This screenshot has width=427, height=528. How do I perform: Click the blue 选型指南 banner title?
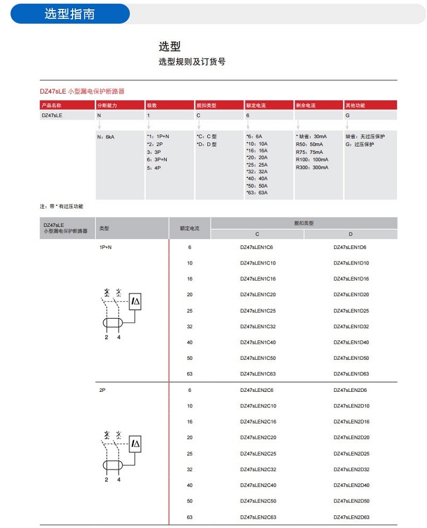pyautogui.click(x=70, y=14)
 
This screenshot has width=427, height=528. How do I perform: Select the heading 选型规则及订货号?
pyautogui.click(x=192, y=62)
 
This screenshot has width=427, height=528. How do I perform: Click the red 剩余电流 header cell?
pyautogui.click(x=306, y=105)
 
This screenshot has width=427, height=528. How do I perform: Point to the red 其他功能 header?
pyautogui.click(x=355, y=105)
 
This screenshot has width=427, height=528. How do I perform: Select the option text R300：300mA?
pyautogui.click(x=312, y=168)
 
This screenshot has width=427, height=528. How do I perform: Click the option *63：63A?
pyautogui.click(x=257, y=193)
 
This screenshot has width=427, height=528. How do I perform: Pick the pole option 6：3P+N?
pyautogui.click(x=158, y=159)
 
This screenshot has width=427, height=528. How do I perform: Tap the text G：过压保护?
pyautogui.click(x=360, y=144)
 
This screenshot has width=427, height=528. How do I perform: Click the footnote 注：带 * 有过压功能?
pyautogui.click(x=61, y=206)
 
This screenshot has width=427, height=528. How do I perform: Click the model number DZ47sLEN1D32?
pyautogui.click(x=351, y=327)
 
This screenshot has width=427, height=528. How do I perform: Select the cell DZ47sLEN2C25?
pyautogui.click(x=258, y=454)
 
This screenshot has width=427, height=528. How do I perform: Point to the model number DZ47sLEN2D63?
pyautogui.click(x=351, y=517)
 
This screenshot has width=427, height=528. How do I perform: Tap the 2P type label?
pyautogui.click(x=102, y=390)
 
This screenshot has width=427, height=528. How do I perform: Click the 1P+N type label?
pyautogui.click(x=105, y=247)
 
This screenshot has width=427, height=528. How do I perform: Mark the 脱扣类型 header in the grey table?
pyautogui.click(x=303, y=223)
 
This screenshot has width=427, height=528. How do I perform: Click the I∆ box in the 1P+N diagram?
pyautogui.click(x=135, y=302)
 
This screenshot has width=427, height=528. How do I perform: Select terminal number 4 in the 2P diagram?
pyautogui.click(x=119, y=479)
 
